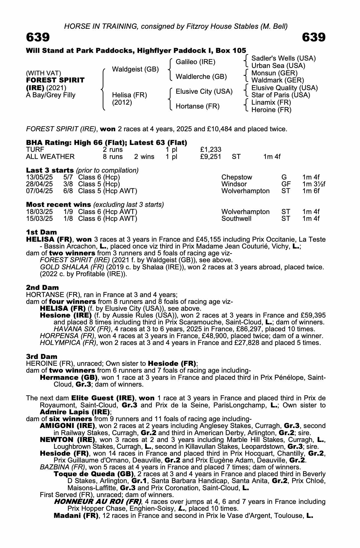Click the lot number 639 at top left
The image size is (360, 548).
(x=38, y=37)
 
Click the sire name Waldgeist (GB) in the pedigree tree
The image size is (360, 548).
(x=135, y=69)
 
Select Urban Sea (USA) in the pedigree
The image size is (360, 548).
(x=278, y=66)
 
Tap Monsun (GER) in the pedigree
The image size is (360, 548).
(x=274, y=73)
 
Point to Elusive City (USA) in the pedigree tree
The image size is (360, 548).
(x=204, y=92)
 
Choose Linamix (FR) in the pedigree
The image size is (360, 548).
(x=271, y=102)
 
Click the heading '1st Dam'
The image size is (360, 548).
(x=41, y=232)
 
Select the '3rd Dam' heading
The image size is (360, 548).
(x=42, y=356)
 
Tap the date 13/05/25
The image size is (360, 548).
(x=39, y=177)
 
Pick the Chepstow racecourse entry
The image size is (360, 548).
(x=237, y=177)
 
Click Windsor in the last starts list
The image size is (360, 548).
(x=234, y=184)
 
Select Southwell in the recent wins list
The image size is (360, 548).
(x=236, y=219)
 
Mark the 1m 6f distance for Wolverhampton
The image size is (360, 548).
(x=311, y=191)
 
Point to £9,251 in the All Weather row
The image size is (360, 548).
(x=211, y=157)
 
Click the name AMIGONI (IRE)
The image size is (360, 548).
(x=67, y=426)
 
